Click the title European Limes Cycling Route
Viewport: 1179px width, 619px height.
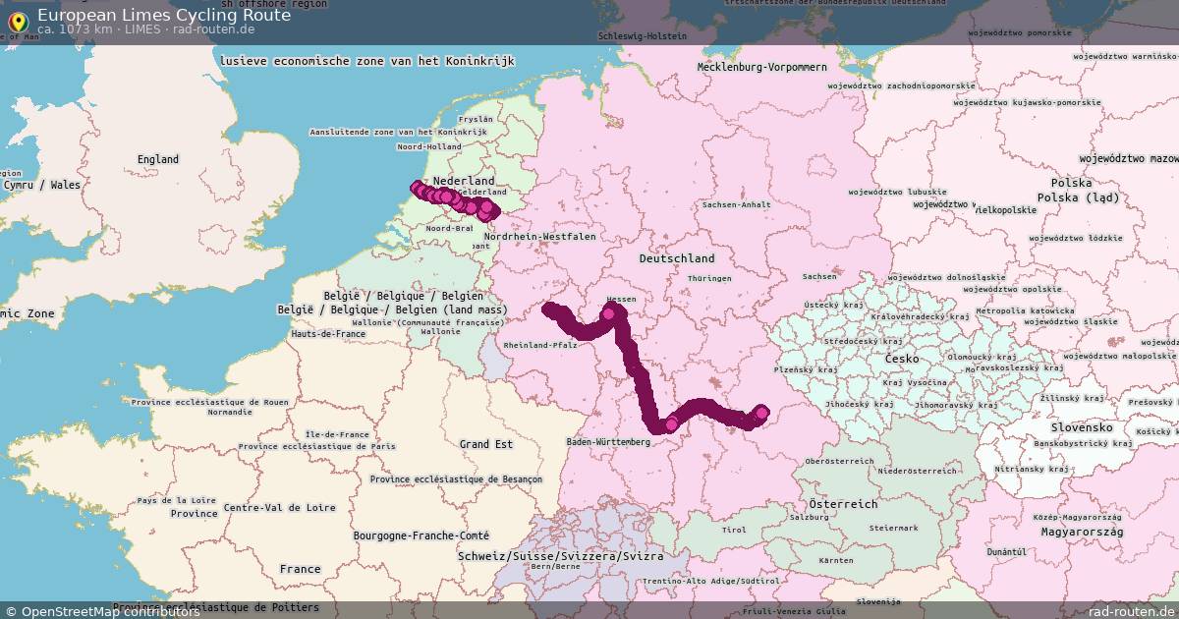point(163,15)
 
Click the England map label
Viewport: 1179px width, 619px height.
point(158,159)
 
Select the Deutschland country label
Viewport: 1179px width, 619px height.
point(677,258)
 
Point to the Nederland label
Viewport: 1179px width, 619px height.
point(464,182)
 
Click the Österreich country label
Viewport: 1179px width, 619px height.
point(843,504)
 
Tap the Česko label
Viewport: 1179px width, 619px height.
point(902,360)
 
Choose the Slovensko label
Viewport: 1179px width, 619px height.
point(1081,428)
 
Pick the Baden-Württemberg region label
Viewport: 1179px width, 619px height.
point(608,442)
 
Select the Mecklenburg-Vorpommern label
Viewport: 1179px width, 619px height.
point(762,67)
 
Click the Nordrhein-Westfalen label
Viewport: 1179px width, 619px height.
point(539,237)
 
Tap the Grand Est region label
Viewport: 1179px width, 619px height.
point(486,445)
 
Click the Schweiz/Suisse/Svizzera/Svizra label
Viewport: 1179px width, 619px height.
point(560,556)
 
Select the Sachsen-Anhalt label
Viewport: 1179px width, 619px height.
point(736,205)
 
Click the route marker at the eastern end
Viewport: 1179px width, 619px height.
point(760,413)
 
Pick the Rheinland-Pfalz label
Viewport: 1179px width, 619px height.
point(539,346)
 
